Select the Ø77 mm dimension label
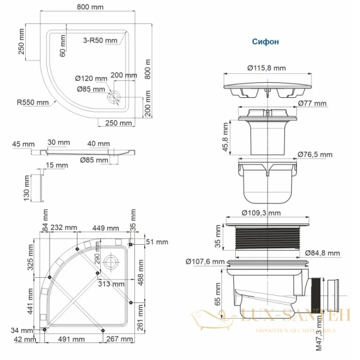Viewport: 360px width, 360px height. [313, 104]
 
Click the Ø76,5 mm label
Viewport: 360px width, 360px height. [315, 154]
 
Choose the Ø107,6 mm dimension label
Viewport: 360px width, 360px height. [205, 261]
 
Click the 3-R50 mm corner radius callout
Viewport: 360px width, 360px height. [100, 40]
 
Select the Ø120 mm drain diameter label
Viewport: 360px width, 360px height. [91, 79]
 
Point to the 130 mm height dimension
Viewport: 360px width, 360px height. [26, 188]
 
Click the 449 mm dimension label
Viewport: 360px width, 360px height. [105, 227]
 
